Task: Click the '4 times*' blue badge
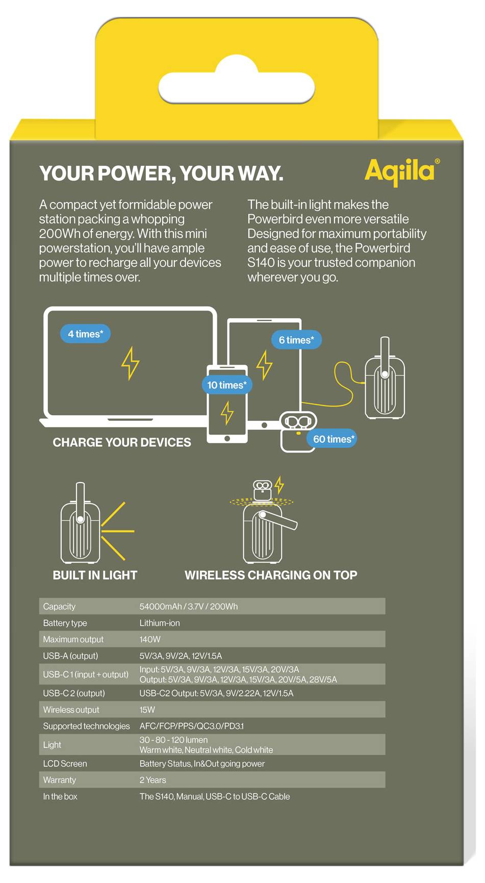[x=86, y=334]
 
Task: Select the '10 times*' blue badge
[x=226, y=385]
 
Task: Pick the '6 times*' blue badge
[x=296, y=340]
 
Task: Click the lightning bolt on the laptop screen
[x=130, y=363]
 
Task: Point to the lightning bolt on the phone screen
[x=227, y=413]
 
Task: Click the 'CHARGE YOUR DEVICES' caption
[x=122, y=442]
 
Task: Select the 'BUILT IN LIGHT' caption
[x=95, y=575]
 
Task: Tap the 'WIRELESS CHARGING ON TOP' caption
[x=271, y=575]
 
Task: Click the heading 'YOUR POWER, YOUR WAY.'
[x=161, y=174]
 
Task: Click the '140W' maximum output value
[x=150, y=640]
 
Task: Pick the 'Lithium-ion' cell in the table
[x=160, y=623]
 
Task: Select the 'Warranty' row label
[x=59, y=780]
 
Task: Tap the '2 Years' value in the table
[x=152, y=780]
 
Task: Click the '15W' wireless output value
[x=147, y=710]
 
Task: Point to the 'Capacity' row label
[x=59, y=607]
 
